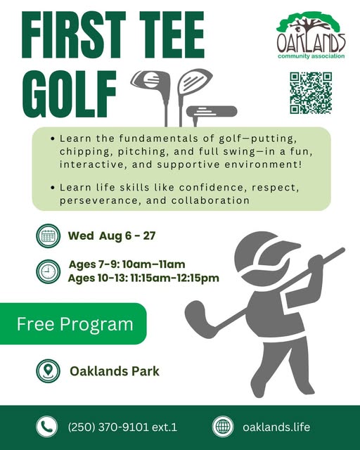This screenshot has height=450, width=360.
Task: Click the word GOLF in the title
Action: point(69,94)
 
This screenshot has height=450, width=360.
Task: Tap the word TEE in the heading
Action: point(172,34)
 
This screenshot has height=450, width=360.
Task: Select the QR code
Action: point(311,93)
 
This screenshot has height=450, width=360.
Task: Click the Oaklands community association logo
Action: point(311,35)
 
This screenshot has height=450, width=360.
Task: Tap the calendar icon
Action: point(49,236)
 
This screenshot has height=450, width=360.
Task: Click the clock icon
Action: point(49,271)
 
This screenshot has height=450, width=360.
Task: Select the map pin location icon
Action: point(49,371)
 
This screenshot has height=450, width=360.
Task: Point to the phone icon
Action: point(47,427)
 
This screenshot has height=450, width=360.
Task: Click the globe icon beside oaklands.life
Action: point(223,427)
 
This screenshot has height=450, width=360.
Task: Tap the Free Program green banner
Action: point(73,323)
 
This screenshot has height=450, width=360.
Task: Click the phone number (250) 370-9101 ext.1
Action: point(122,427)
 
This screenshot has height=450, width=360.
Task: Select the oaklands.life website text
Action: point(276,427)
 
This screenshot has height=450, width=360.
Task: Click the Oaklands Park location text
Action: point(115,371)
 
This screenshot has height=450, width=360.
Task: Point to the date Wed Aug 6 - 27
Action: point(112,236)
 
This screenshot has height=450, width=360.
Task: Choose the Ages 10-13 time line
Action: point(143,278)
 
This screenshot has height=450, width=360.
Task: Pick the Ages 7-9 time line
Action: point(127,264)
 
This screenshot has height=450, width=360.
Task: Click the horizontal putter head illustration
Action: point(212,112)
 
